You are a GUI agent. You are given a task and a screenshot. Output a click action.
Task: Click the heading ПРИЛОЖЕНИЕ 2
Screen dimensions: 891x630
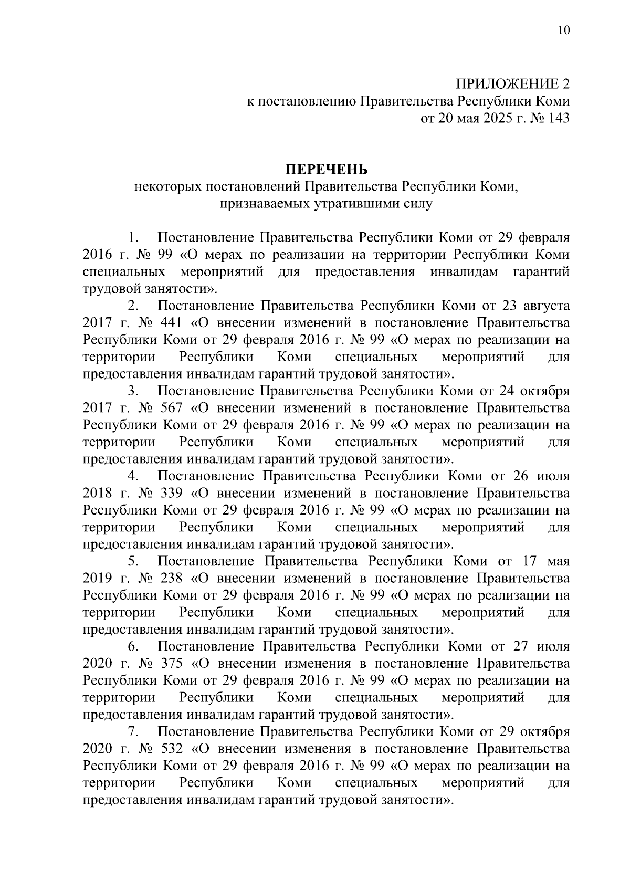click(512, 84)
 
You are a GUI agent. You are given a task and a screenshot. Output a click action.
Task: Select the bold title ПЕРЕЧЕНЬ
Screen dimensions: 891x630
click(326, 170)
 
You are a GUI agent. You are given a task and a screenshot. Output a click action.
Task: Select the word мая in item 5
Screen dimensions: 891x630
click(558, 561)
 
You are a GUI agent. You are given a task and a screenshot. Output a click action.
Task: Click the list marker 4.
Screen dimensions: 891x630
click(133, 476)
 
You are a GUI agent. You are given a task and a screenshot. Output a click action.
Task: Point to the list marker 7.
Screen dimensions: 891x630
click(133, 731)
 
